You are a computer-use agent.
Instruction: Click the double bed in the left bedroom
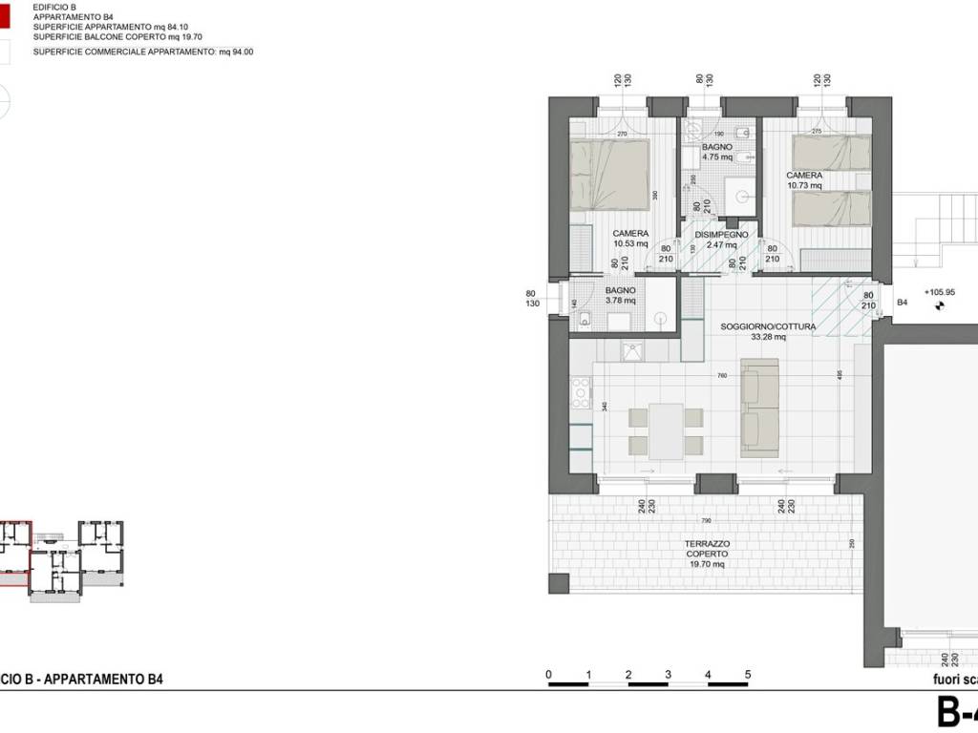point(609,174)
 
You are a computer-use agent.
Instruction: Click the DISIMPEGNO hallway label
point(721,234)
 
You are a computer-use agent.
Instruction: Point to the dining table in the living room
point(666,430)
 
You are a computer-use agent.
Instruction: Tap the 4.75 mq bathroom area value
point(716,157)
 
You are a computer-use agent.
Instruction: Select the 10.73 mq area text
point(804,186)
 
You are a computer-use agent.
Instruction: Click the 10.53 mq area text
point(629,244)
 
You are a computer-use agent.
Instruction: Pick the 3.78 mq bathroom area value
point(622,302)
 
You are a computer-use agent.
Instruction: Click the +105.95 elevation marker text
point(940,293)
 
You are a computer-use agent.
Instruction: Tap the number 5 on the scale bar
point(748,675)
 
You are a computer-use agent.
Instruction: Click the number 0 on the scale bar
point(549,675)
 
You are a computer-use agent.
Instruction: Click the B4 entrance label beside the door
point(902,303)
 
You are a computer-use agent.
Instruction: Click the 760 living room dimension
point(721,376)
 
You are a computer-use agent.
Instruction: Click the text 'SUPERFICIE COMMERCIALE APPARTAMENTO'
point(124,52)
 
